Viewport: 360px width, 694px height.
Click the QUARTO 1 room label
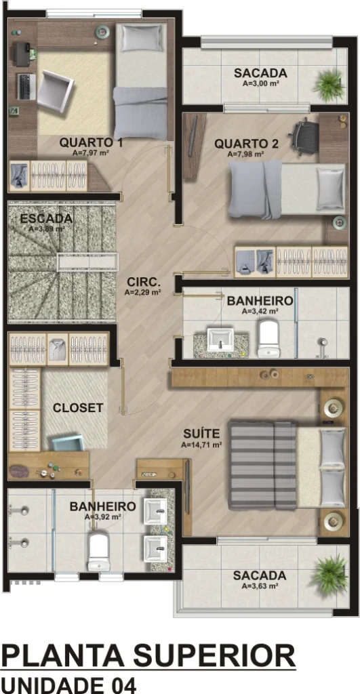point(91,142)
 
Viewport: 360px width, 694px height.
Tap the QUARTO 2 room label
point(246,144)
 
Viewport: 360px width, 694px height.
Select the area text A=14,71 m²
point(201,445)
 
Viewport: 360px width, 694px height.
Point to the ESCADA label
point(46,219)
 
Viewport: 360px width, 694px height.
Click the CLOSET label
point(78,407)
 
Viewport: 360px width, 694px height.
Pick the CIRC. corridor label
point(144,282)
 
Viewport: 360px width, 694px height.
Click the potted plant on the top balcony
point(329,85)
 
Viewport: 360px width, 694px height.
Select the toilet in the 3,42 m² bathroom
point(270,339)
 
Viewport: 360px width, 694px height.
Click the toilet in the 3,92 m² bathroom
point(98,552)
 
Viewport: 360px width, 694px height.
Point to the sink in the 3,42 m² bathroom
point(220,340)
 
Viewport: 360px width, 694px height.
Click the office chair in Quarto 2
point(305,136)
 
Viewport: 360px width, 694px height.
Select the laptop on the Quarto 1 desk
point(26,87)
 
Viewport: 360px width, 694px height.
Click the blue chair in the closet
point(68,443)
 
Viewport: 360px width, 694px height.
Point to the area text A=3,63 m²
point(260,586)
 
